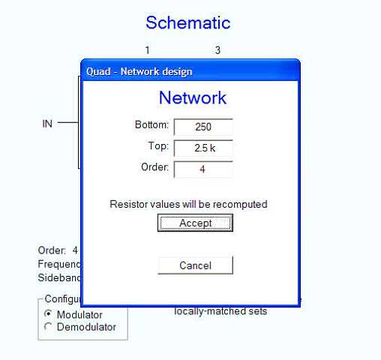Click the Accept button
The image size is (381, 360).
(195, 223)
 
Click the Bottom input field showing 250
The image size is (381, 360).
(203, 127)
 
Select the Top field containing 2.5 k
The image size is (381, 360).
(203, 148)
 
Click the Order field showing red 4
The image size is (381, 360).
(203, 169)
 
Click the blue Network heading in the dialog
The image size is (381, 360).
(193, 97)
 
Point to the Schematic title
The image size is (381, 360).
(188, 22)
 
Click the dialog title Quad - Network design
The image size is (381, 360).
(139, 71)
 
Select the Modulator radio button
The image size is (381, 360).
(48, 313)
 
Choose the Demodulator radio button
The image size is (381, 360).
(48, 326)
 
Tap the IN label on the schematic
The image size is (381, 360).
(47, 124)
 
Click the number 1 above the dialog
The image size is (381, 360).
(148, 50)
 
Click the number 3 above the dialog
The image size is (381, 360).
(217, 50)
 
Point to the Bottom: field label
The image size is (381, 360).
(151, 124)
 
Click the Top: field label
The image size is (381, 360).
(158, 145)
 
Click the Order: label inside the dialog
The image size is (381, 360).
(154, 167)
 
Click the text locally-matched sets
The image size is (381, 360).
(220, 311)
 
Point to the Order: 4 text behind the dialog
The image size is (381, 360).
(58, 250)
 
